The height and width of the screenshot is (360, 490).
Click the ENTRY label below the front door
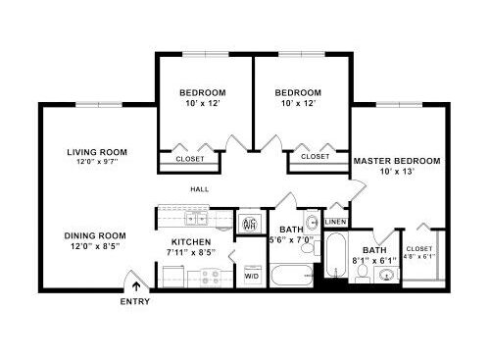pyautogui.click(x=134, y=301)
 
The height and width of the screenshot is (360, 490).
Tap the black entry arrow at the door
pyautogui.click(x=136, y=286)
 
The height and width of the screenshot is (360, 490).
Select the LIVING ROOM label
pyautogui.click(x=97, y=152)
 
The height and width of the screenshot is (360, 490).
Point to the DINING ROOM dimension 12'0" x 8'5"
pyautogui.click(x=95, y=246)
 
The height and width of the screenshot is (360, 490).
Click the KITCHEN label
pyautogui.click(x=191, y=242)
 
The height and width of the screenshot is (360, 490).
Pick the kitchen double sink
pyautogui.click(x=196, y=219)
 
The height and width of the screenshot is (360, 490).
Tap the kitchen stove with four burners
pyautogui.click(x=210, y=278)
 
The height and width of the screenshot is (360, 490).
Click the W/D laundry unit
pyautogui.click(x=252, y=275)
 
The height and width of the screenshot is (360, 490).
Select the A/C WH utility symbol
pyautogui.click(x=250, y=224)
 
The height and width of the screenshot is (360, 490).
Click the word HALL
pyautogui.click(x=200, y=189)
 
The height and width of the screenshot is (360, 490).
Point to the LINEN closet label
pyautogui.click(x=336, y=222)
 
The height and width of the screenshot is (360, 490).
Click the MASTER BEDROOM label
pyautogui.click(x=397, y=161)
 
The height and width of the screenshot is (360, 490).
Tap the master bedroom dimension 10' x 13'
pyautogui.click(x=397, y=172)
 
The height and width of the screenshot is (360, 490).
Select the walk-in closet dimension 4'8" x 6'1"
pyautogui.click(x=419, y=256)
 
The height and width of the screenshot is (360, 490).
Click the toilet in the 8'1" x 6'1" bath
pyautogui.click(x=362, y=274)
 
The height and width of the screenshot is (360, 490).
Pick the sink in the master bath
pyautogui.click(x=386, y=274)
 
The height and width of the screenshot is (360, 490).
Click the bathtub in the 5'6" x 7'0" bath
pyautogui.click(x=292, y=276)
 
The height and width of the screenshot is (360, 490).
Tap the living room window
pyautogui.click(x=99, y=105)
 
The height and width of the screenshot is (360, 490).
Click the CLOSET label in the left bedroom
pyautogui.click(x=190, y=159)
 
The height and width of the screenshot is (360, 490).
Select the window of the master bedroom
pyautogui.click(x=399, y=105)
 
